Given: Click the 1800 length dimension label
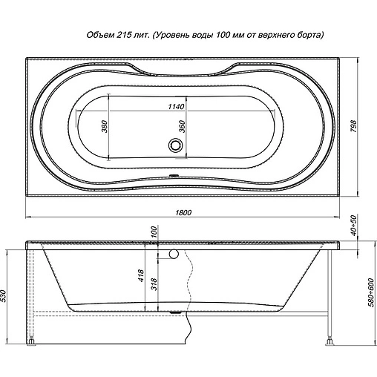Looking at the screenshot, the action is click(x=183, y=212).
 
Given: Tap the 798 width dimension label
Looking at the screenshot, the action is click(x=354, y=126).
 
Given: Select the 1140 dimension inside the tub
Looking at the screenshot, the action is click(x=176, y=106).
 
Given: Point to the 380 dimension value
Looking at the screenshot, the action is click(x=105, y=126).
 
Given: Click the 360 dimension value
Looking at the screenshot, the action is click(x=182, y=126).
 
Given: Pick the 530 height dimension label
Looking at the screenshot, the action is click(x=4, y=296).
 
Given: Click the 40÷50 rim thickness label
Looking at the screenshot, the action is click(x=354, y=226).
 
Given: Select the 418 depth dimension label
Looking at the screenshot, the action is click(x=141, y=276).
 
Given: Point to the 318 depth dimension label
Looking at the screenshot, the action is click(x=154, y=284).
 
